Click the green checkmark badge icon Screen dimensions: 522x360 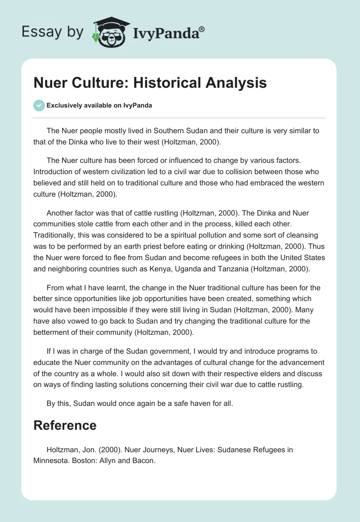click(x=39, y=105)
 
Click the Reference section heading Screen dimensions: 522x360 click(x=65, y=425)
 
